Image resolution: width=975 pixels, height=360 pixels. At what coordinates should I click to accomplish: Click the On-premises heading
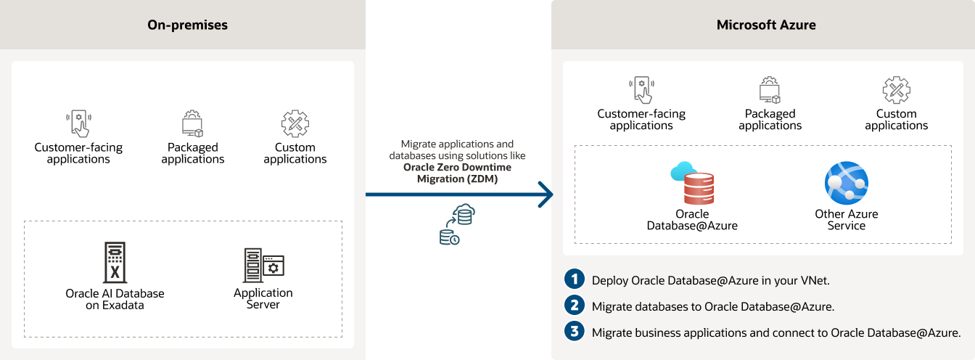pyautogui.click(x=187, y=25)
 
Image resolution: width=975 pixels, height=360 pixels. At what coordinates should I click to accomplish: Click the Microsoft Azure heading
pyautogui.click(x=766, y=25)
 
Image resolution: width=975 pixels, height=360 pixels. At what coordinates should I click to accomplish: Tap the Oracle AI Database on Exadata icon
pyautogui.click(x=115, y=263)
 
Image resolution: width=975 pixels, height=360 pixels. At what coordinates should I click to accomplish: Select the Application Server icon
pyautogui.click(x=263, y=265)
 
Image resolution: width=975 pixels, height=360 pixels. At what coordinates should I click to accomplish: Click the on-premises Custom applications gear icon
pyautogui.click(x=295, y=124)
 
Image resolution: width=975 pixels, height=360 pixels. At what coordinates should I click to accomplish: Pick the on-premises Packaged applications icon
pyautogui.click(x=192, y=124)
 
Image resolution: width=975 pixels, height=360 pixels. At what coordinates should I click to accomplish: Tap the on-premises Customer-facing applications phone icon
pyautogui.click(x=78, y=124)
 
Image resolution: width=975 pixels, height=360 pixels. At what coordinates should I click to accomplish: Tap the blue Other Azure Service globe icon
pyautogui.click(x=846, y=184)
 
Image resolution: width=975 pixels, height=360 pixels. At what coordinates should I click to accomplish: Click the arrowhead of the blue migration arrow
pyautogui.click(x=546, y=195)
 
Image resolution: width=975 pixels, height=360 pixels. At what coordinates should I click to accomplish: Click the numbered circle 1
pyautogui.click(x=575, y=279)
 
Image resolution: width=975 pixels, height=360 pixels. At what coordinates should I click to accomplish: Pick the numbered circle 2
pyautogui.click(x=575, y=306)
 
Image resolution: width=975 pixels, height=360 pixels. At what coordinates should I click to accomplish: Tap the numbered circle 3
pyautogui.click(x=575, y=332)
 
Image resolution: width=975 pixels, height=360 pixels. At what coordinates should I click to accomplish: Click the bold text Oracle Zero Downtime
pyautogui.click(x=457, y=167)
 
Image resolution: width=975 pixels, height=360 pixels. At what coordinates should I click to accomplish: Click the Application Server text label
pyautogui.click(x=263, y=299)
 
